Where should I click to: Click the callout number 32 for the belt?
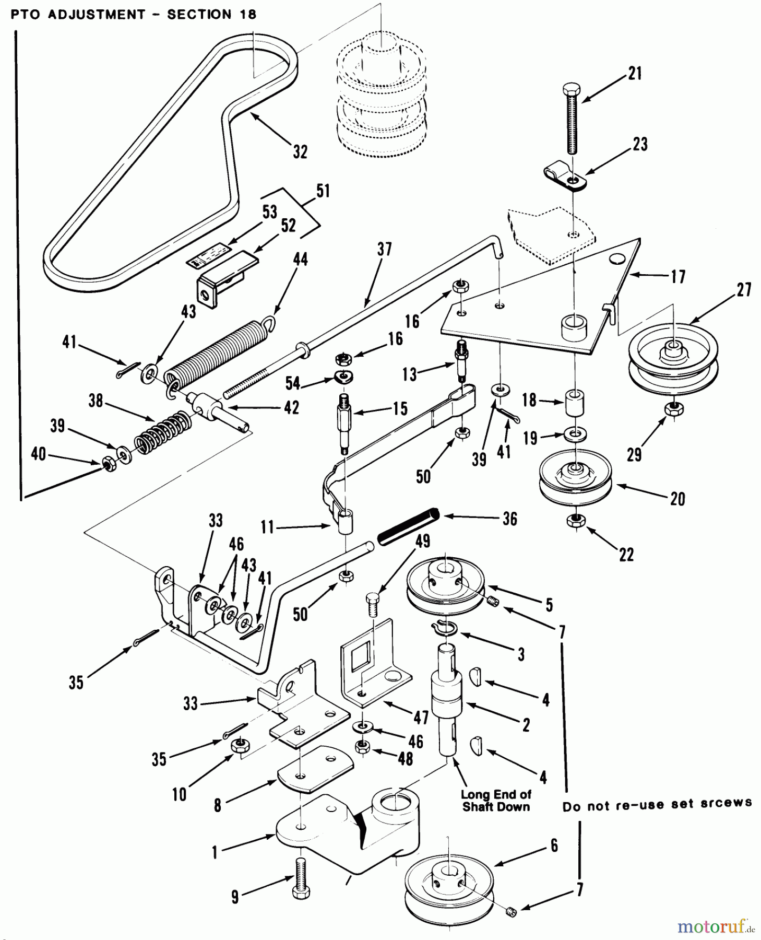300,152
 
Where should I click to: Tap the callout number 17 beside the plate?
678,277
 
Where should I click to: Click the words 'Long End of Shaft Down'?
495,801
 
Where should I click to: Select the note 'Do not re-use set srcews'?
657,805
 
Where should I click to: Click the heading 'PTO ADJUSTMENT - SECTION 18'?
134,15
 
